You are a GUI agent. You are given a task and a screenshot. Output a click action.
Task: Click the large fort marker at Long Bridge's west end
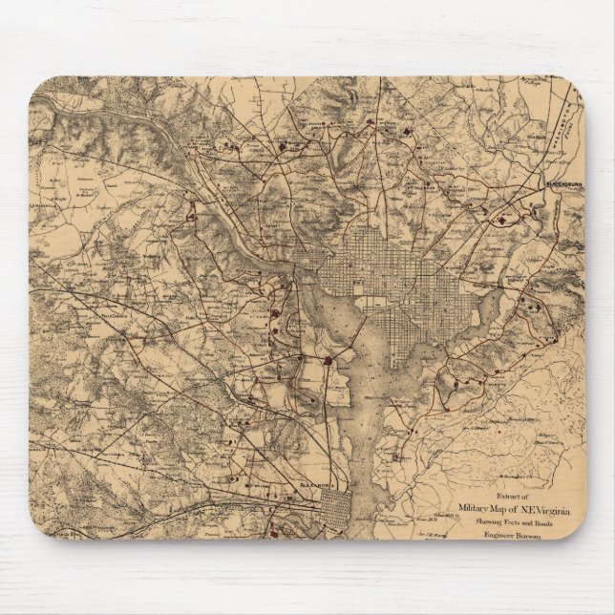coord(329,361)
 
